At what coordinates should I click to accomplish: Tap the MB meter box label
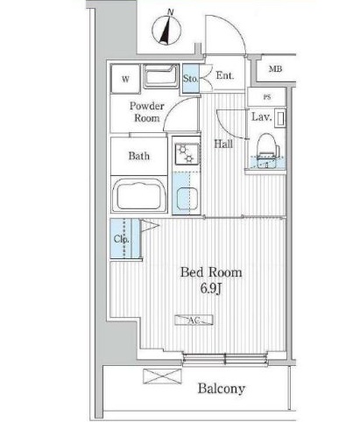point(275,69)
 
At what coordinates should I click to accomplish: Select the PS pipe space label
point(267,97)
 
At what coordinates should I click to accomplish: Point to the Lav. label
point(262,117)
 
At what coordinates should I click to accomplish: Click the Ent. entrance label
point(225,75)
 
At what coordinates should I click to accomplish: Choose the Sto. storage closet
point(191,78)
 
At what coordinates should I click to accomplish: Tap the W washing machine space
point(125,79)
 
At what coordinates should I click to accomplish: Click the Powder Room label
point(146,112)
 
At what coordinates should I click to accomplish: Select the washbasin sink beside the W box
point(161,76)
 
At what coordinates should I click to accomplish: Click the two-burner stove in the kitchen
point(187,153)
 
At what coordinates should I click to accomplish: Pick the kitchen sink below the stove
point(187,199)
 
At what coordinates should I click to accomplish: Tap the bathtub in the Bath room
point(139,195)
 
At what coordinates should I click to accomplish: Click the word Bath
point(139,156)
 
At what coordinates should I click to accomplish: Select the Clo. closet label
point(122,239)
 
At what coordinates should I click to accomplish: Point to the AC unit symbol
point(194,320)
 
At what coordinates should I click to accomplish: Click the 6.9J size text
point(211,289)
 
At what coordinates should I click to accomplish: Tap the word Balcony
point(222,389)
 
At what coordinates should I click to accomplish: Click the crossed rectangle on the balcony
point(162,376)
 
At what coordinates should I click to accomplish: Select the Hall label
point(223,144)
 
